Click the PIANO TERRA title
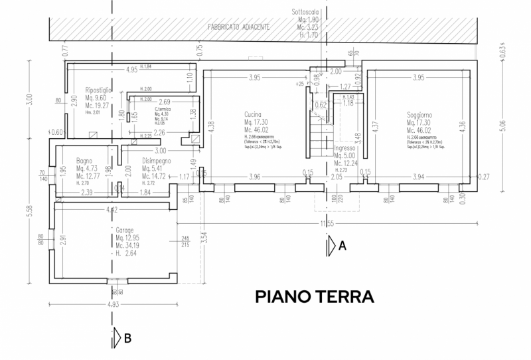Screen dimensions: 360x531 click(x=315, y=296)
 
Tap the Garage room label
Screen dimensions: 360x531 click(x=125, y=230)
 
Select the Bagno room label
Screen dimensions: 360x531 click(x=84, y=160)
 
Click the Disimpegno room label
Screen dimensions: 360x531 click(x=157, y=160)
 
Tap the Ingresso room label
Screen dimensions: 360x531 click(x=346, y=147)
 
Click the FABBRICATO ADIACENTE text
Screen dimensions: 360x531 click(x=238, y=27)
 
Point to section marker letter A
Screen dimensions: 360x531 click(x=342, y=246)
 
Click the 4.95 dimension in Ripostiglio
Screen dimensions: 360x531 click(x=131, y=69)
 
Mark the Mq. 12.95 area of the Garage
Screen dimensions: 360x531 click(x=127, y=238)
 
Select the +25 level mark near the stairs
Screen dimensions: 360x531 click(x=301, y=84)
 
